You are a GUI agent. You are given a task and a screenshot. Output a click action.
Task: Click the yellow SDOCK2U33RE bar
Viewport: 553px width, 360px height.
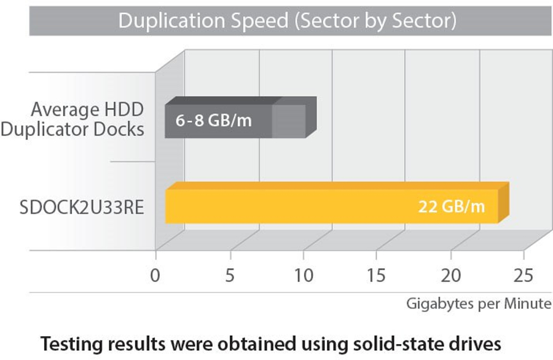point(307,206)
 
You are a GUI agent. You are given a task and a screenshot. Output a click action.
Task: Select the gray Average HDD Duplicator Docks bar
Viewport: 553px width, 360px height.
point(221,120)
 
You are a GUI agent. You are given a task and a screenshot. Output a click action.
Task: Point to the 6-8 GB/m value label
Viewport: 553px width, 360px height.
point(213,120)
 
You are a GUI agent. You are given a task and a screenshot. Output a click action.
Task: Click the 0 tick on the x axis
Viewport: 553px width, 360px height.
point(155,275)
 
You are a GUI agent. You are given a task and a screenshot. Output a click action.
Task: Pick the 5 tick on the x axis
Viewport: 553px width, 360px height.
point(230,275)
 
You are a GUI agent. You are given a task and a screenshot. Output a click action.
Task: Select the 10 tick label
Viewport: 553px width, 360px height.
point(303,275)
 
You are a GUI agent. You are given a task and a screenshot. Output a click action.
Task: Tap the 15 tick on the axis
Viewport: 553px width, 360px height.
point(377,275)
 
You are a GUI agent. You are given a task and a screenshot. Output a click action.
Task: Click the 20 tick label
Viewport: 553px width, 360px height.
point(450,275)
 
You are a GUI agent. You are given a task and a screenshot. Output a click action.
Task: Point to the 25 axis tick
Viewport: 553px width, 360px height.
point(524,275)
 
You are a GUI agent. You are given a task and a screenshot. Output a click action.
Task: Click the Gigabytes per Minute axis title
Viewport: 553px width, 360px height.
point(478,304)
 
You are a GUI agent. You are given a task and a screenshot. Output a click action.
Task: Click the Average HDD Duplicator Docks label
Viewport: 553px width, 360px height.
point(87,120)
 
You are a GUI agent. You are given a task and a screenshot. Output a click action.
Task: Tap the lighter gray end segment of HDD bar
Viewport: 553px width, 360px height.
point(289,121)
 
